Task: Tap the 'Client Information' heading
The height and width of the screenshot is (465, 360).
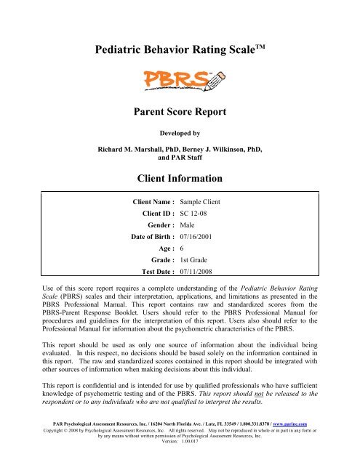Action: click(x=179, y=177)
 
